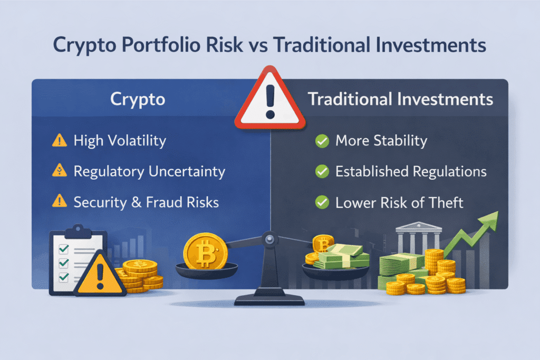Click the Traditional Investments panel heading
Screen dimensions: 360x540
tap(400, 100)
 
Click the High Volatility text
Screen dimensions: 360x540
tap(120, 141)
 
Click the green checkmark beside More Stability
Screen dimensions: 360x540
tap(321, 141)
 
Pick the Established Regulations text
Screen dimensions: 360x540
tap(411, 172)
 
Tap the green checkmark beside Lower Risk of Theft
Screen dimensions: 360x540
tap(321, 202)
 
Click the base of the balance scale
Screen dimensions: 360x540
tap(269, 299)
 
